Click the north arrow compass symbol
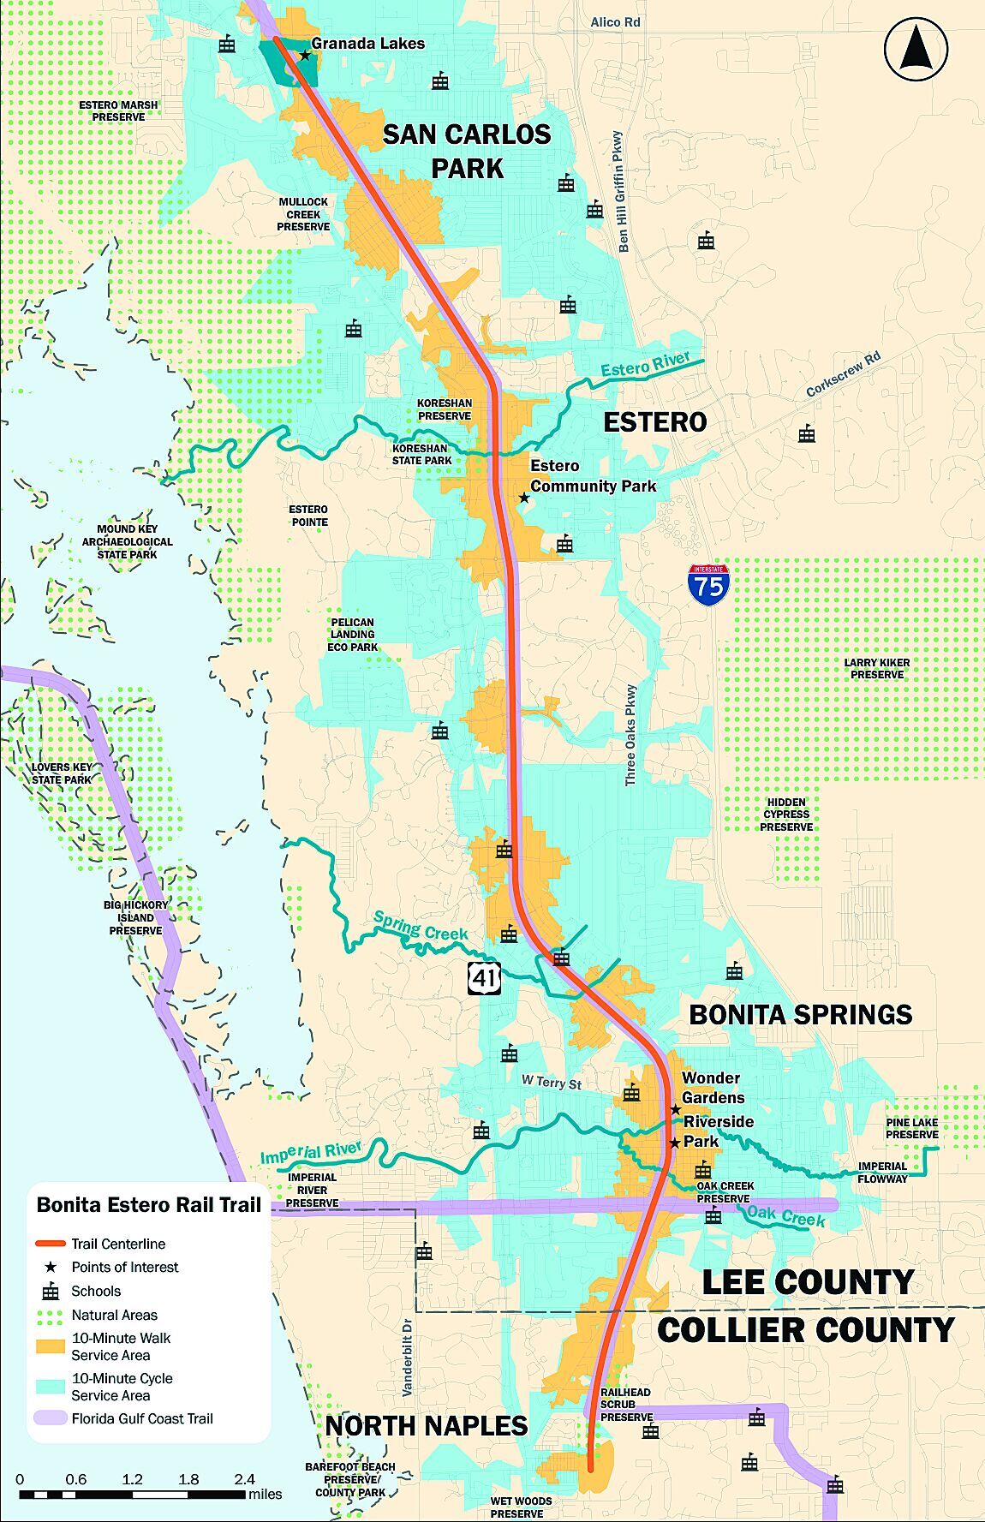(x=916, y=49)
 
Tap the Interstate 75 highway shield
(x=708, y=586)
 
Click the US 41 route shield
(x=484, y=977)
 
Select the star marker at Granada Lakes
(x=305, y=56)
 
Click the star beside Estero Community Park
(x=524, y=498)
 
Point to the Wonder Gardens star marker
(x=676, y=1109)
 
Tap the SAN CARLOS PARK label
(x=467, y=151)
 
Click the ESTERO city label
(x=655, y=421)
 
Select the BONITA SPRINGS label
(x=800, y=1014)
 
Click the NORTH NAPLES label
(x=426, y=1425)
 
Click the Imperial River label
(x=311, y=1153)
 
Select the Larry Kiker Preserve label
(x=876, y=668)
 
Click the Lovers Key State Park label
(x=62, y=773)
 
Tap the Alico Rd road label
(x=615, y=21)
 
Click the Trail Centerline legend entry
(x=118, y=1244)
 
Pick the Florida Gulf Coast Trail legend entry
(x=141, y=1418)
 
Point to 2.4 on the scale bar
(x=244, y=1479)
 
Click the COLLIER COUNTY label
(x=805, y=1330)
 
